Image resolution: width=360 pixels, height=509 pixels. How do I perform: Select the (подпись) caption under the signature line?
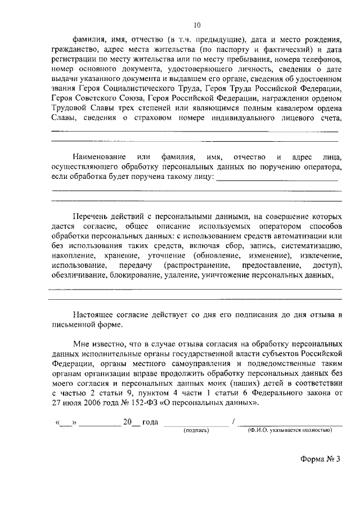coord(196,430)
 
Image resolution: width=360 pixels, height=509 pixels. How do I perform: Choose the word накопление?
coord(73,255)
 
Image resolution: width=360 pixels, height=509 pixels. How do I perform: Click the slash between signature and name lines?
coord(233,422)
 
